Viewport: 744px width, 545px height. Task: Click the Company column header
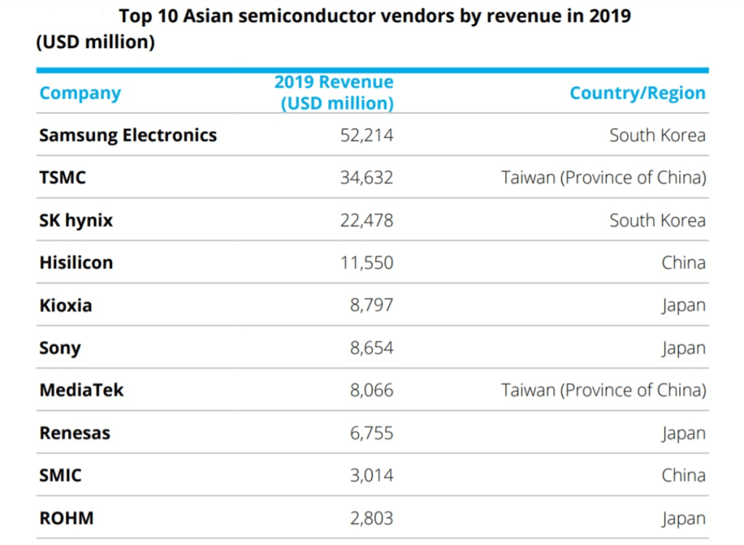(80, 93)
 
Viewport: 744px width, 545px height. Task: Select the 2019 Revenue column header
(334, 92)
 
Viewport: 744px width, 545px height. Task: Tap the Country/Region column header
(637, 93)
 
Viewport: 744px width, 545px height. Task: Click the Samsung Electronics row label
(128, 135)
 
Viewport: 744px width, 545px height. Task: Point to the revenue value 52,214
(367, 135)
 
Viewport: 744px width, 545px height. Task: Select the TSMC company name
(63, 177)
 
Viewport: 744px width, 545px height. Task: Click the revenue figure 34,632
(367, 177)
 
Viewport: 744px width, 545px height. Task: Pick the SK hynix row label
(76, 220)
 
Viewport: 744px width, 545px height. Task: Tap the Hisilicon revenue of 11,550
(367, 262)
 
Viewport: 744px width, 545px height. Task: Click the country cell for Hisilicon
(683, 262)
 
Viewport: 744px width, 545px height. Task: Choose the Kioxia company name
(65, 305)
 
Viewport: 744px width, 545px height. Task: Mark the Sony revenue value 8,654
(372, 347)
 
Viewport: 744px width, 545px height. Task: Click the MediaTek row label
(81, 390)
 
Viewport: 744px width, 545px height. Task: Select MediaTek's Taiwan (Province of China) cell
(604, 390)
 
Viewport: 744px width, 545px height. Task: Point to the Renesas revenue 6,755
(372, 433)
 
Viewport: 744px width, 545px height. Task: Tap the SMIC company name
(60, 475)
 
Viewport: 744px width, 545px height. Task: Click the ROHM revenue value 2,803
(372, 518)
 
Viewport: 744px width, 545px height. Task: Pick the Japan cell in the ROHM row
(683, 518)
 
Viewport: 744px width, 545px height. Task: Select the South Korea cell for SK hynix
(657, 220)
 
